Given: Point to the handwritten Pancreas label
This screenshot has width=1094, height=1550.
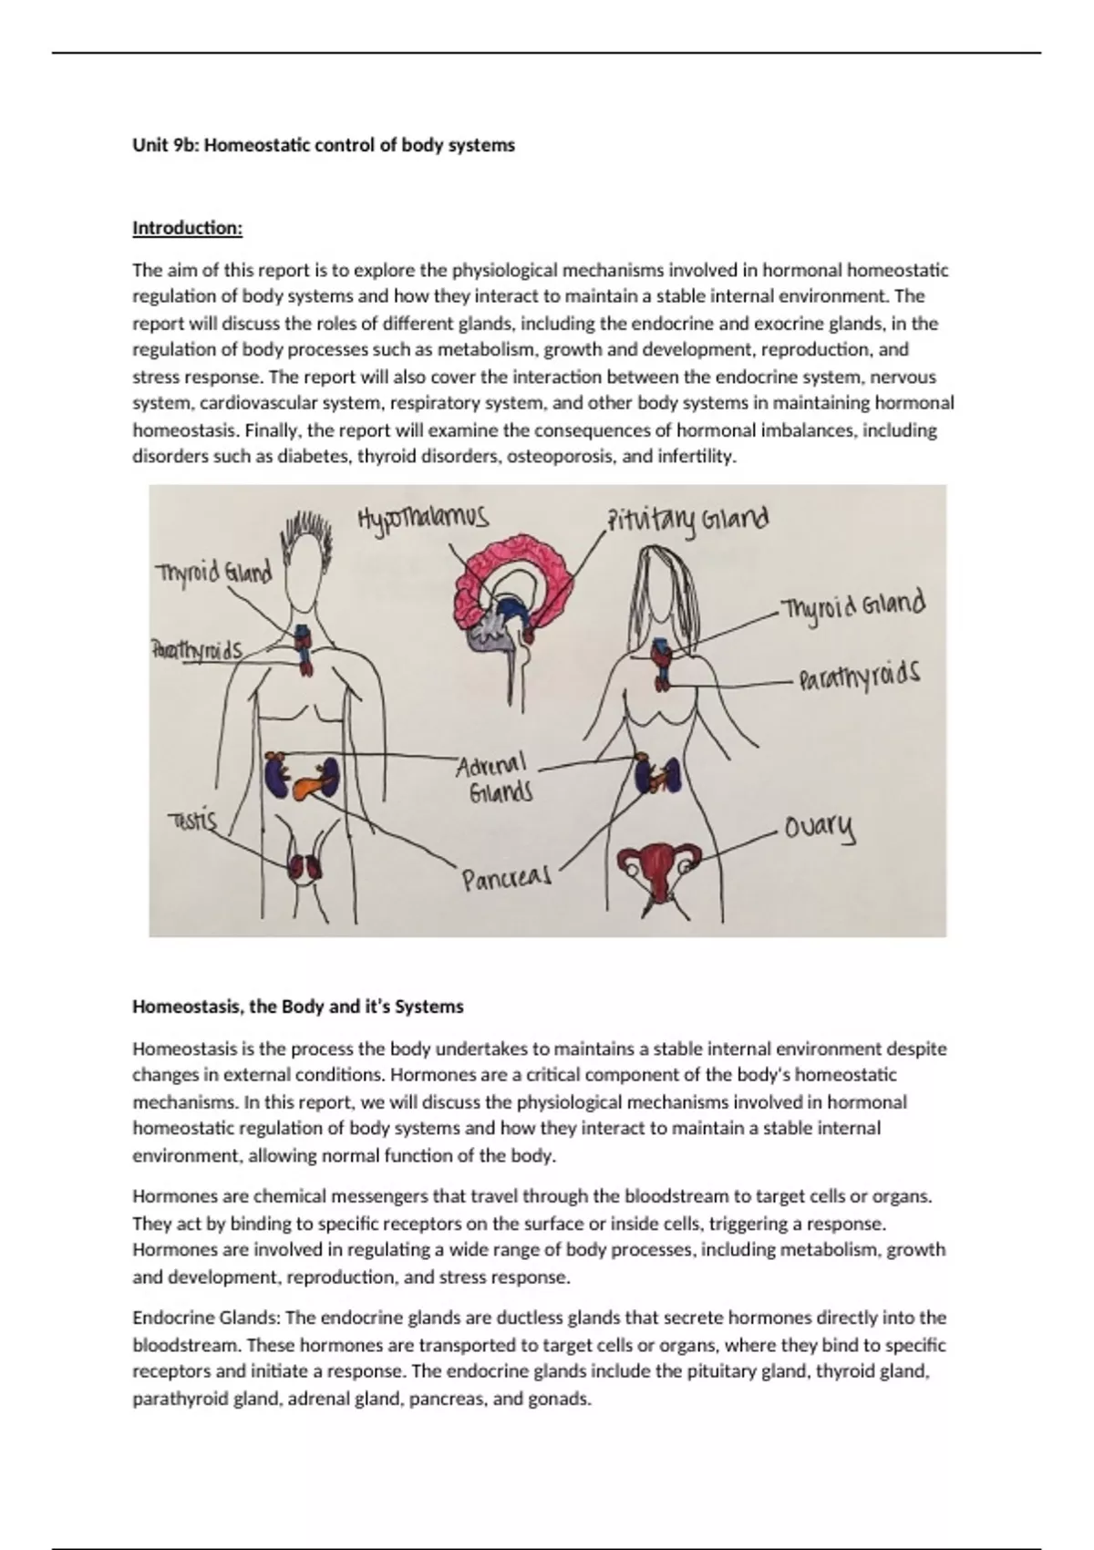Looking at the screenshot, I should [506, 880].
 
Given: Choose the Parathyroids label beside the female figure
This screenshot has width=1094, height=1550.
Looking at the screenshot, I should [859, 678].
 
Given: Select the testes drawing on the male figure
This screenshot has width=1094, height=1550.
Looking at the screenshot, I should [304, 866].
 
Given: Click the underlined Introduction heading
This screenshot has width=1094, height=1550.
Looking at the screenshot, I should [188, 228].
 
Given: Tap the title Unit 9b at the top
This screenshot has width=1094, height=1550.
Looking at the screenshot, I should [324, 145].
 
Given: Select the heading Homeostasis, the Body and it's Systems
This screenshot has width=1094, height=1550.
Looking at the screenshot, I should [298, 1007].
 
